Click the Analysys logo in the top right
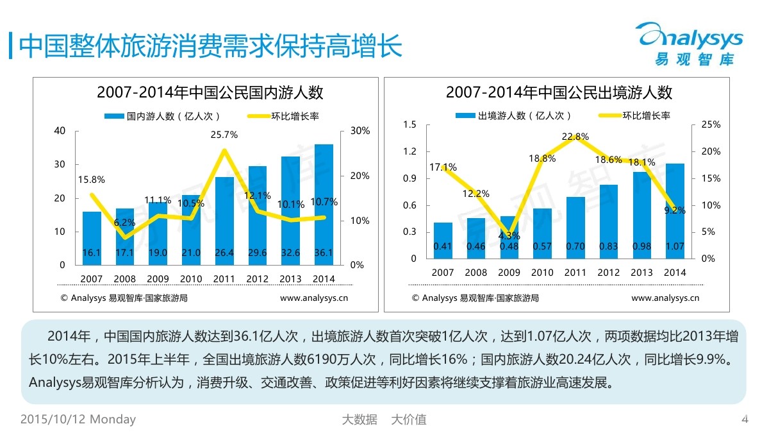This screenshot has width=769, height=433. click(x=691, y=42)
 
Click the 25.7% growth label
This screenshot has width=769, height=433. click(x=224, y=135)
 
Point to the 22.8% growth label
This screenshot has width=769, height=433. click(x=575, y=137)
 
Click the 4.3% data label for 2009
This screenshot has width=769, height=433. click(x=509, y=235)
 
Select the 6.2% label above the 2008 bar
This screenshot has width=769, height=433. click(x=124, y=223)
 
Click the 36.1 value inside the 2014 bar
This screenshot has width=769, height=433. click(x=324, y=253)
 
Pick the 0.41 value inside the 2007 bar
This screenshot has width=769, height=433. click(x=442, y=246)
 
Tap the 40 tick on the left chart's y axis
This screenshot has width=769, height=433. click(x=60, y=131)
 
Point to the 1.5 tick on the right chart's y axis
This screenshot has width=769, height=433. click(x=410, y=124)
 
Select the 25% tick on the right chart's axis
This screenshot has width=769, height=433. click(x=711, y=124)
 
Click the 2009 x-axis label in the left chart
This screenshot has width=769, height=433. click(x=158, y=279)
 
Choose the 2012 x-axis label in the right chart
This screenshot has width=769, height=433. click(x=609, y=273)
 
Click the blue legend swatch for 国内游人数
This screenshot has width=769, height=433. click(x=114, y=116)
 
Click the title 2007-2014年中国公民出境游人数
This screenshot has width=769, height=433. click(x=559, y=92)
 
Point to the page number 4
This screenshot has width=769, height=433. click(x=745, y=420)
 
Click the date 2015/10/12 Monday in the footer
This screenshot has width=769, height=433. click(x=78, y=420)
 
